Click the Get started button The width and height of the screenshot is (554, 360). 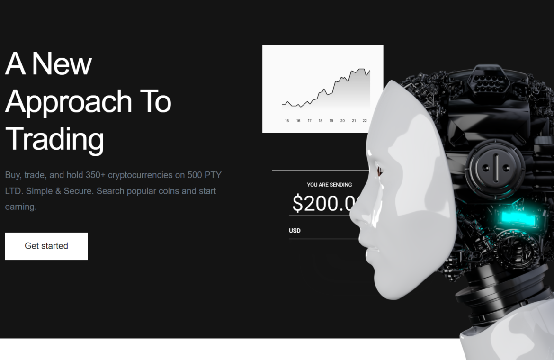(46, 246)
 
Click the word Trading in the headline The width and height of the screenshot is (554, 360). (55, 140)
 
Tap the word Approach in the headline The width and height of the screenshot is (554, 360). (69, 102)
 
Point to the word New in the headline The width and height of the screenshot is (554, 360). (62, 64)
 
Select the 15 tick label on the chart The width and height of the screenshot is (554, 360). (287, 121)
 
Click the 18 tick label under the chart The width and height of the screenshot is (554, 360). (321, 121)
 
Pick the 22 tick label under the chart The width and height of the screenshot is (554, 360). (365, 121)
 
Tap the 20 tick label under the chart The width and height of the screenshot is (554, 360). (342, 121)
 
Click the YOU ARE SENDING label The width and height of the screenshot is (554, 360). (329, 185)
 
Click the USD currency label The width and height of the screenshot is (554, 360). (295, 231)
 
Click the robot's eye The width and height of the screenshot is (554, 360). (379, 171)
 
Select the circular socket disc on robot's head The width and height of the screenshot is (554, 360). (495, 168)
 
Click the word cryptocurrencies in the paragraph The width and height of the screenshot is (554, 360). (140, 175)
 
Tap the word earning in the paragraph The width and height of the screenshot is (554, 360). (20, 207)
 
